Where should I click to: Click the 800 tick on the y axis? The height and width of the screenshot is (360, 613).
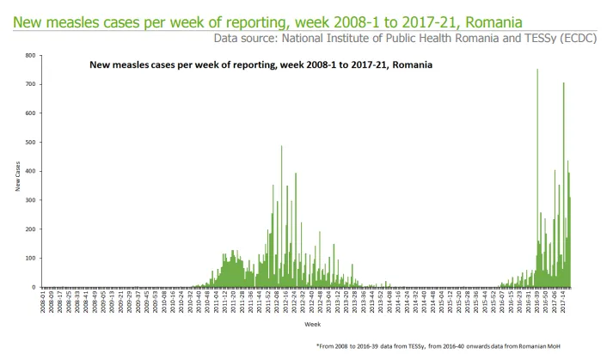[x=32, y=56]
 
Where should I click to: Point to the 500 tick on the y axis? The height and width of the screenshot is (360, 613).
[x=32, y=143]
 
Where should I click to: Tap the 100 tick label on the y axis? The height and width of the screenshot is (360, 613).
[x=32, y=259]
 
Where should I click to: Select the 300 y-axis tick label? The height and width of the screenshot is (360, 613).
[x=32, y=201]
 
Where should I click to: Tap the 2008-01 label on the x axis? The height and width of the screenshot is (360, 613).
[x=44, y=302]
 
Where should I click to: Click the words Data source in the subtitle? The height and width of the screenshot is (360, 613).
[x=242, y=38]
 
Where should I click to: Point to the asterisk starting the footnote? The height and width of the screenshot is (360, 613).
[x=318, y=345]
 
